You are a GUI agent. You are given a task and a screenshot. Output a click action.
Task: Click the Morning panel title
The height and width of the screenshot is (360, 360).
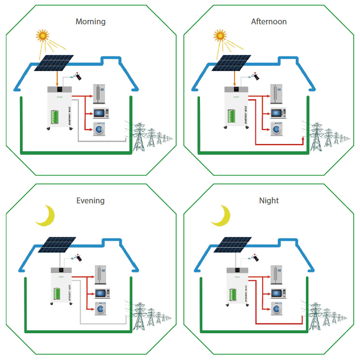tap(90, 21)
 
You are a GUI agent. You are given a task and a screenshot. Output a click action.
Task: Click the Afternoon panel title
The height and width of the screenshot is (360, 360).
tap(269, 21)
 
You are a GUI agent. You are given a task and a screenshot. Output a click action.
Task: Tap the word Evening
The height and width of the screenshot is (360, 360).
tap(90, 200)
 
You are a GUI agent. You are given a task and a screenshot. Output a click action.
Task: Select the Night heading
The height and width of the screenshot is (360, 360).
tap(269, 200)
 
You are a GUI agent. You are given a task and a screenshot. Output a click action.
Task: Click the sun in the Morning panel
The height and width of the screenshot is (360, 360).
tap(43, 35)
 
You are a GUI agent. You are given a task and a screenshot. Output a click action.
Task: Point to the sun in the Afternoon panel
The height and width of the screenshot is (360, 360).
tap(220, 35)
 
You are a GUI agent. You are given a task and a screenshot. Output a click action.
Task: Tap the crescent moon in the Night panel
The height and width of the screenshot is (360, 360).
tap(221, 215)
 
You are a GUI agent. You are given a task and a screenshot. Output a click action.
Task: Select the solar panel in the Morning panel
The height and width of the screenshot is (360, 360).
tap(54, 62)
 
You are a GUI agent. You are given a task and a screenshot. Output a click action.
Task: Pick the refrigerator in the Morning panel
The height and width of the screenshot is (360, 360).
tap(100, 93)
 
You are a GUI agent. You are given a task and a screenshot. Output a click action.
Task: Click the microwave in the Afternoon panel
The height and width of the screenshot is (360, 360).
tap(277, 113)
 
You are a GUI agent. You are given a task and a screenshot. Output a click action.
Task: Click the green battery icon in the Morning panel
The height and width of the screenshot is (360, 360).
tap(55, 117)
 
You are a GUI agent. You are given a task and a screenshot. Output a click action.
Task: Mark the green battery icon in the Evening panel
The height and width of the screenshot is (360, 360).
tap(58, 294)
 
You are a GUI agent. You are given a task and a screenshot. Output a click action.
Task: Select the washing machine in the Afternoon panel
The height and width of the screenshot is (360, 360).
tap(277, 129)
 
